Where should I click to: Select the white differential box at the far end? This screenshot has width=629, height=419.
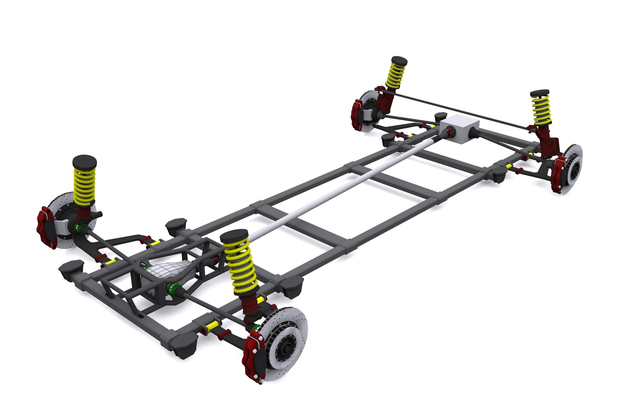[x=460, y=129]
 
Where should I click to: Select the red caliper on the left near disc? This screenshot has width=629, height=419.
[x=47, y=227]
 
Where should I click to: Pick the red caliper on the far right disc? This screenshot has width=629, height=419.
[x=560, y=175]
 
